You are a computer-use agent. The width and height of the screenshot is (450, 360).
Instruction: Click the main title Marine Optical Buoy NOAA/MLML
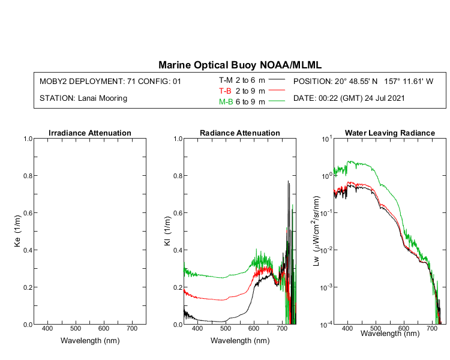tap(240, 65)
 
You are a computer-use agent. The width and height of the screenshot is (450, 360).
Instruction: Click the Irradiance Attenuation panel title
tap(89, 133)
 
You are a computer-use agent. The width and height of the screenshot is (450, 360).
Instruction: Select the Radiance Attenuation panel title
tap(239, 133)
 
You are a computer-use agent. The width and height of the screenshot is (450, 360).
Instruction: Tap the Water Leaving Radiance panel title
tap(389, 133)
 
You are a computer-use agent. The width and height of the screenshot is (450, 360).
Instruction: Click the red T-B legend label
tap(226, 91)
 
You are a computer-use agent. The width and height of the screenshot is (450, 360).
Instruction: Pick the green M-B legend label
tap(226, 102)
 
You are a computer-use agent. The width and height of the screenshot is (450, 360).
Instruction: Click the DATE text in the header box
tap(354, 98)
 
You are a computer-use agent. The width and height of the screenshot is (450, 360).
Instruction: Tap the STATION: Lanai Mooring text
tap(83, 98)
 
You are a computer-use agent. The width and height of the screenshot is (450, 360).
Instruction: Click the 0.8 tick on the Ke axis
tap(28, 176)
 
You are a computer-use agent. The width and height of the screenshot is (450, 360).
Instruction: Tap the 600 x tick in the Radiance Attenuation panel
tap(253, 329)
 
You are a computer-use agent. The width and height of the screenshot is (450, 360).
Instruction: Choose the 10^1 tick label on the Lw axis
tap(326, 139)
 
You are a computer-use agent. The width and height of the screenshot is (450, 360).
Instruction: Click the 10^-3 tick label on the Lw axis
tap(326, 287)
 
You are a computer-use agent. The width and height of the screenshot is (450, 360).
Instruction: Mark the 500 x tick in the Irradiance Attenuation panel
tap(75, 329)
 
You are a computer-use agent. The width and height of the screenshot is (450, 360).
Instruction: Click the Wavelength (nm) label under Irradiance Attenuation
tap(89, 340)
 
